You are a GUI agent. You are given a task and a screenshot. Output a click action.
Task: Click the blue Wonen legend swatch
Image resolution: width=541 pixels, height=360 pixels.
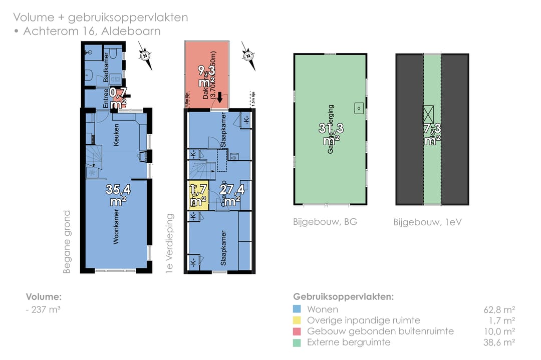click(297, 309)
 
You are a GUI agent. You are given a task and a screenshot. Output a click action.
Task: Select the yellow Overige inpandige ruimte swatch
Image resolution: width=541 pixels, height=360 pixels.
click(297, 320)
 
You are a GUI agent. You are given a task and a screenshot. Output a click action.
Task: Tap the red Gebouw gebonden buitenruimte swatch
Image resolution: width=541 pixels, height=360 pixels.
click(297, 331)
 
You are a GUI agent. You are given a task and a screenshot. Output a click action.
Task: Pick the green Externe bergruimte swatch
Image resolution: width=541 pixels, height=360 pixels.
click(297, 342)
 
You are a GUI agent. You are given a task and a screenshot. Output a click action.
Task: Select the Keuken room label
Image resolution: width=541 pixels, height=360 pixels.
click(116, 135)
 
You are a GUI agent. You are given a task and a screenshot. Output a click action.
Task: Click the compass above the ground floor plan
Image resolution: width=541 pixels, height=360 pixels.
click(145, 55)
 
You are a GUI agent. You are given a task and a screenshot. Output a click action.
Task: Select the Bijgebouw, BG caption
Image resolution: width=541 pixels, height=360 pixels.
click(325, 221)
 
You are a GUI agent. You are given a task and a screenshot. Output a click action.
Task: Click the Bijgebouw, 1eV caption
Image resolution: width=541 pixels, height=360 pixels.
click(427, 221)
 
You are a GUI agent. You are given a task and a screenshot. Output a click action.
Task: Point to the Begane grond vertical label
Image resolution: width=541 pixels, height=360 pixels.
click(67, 242)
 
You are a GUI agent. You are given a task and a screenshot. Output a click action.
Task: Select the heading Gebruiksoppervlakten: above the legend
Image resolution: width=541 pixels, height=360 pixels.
click(343, 296)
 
